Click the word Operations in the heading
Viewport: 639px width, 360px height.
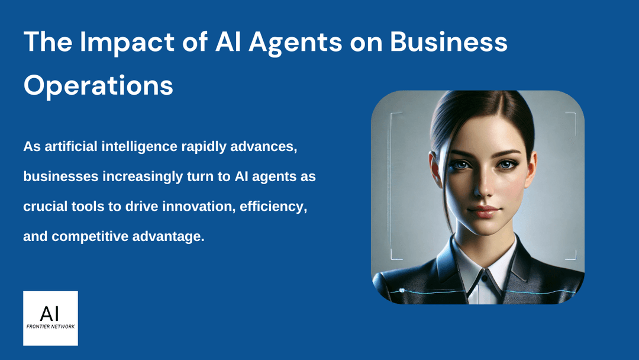point(98,85)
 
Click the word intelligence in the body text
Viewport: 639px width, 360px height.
point(149,146)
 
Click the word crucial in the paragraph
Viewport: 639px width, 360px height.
point(45,207)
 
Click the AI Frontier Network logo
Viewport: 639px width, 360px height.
point(50,318)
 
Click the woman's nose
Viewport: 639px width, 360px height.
point(482,189)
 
